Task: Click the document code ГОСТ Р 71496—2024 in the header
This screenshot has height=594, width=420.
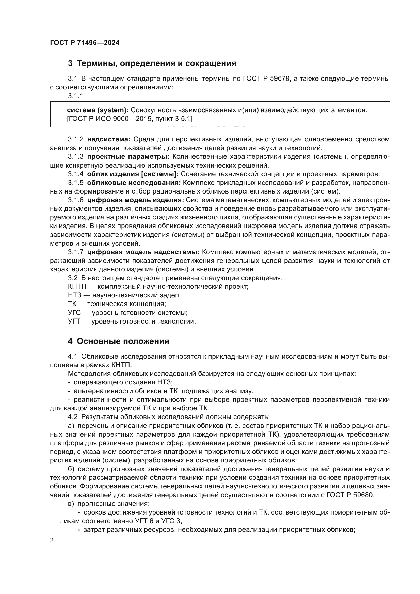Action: click(x=85, y=43)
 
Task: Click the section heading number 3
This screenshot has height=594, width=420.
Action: click(x=70, y=63)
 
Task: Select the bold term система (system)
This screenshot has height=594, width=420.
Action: click(x=98, y=110)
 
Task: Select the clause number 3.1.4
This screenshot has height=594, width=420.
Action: click(x=75, y=174)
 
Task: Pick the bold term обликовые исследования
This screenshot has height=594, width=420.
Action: click(x=134, y=183)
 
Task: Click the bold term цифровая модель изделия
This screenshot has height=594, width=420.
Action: click(x=135, y=200)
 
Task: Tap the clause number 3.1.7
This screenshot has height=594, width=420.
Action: click(x=75, y=252)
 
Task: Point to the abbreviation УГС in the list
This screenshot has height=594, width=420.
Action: click(x=74, y=313)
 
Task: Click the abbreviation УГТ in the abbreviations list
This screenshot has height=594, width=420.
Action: click(x=74, y=321)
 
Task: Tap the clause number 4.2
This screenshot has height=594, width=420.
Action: click(x=72, y=417)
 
